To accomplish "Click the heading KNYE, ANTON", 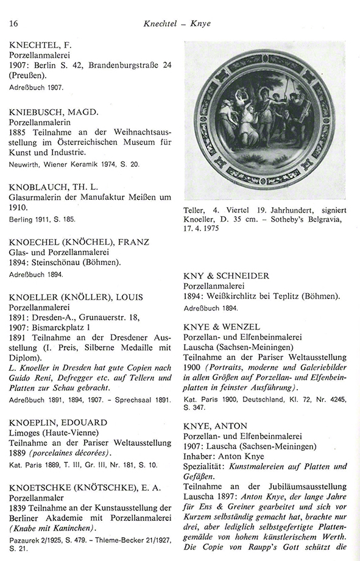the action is point(216,427).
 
